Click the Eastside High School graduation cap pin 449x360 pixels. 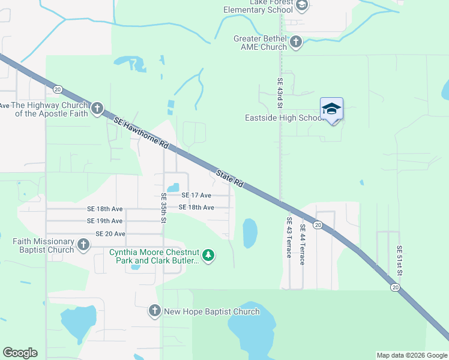[x=331, y=109]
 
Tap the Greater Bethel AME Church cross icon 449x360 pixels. [x=295, y=42]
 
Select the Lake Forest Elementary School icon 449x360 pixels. [x=302, y=6]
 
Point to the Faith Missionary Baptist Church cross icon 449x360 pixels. [x=83, y=245]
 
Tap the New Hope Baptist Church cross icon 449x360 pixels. [x=155, y=311]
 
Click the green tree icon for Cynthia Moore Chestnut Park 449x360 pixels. [x=208, y=256]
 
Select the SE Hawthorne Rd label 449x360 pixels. [x=142, y=133]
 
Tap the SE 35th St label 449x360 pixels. [x=163, y=208]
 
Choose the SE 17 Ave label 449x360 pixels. [x=197, y=196]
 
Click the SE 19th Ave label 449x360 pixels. [x=105, y=221]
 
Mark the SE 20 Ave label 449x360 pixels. [x=110, y=233]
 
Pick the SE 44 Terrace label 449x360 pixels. [x=303, y=241]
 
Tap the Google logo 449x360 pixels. [x=20, y=353]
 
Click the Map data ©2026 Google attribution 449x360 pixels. [x=411, y=355]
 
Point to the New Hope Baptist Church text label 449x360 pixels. [x=212, y=311]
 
